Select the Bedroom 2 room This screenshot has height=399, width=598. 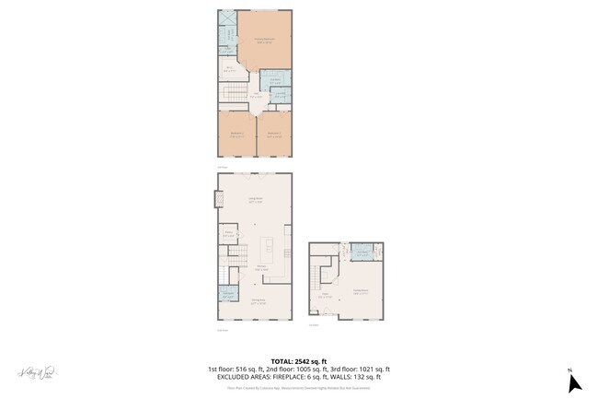(236, 133)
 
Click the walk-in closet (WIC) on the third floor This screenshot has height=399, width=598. (230, 68)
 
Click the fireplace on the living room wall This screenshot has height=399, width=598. (217, 198)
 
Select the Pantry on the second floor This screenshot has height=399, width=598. (229, 234)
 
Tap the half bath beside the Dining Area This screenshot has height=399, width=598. (226, 295)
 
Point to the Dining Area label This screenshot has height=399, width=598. (260, 301)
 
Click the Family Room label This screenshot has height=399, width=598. (359, 291)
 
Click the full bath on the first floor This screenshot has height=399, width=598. (363, 252)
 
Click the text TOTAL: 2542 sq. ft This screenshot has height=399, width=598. (298, 360)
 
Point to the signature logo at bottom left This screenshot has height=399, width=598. (38, 373)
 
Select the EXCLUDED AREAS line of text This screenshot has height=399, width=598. (298, 377)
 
